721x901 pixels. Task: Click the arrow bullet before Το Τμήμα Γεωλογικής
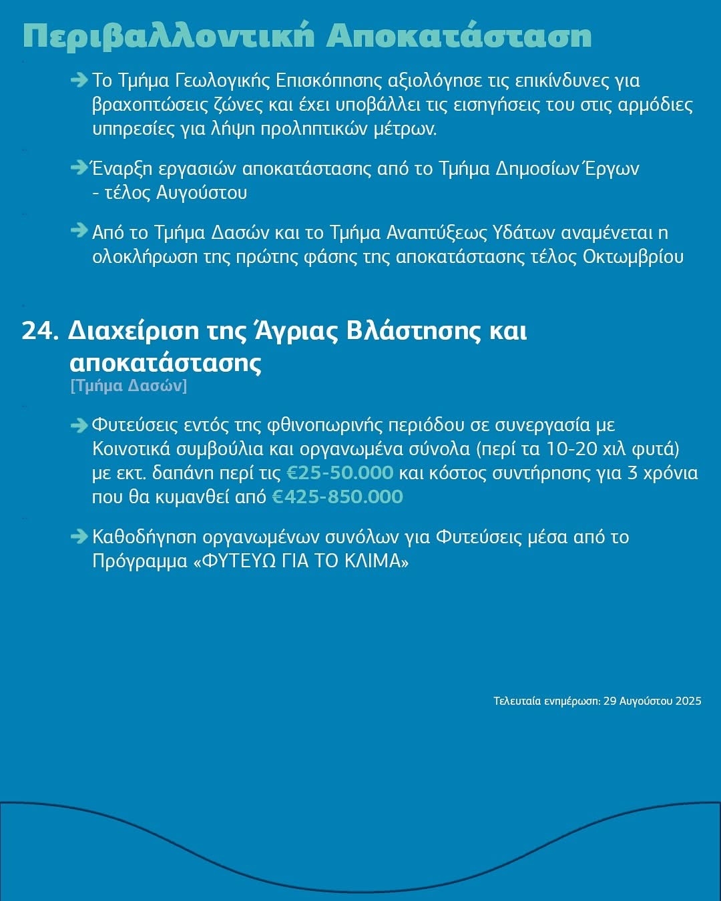click(x=79, y=81)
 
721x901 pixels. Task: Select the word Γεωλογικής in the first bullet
click(x=222, y=81)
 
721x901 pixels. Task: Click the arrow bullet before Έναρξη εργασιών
click(x=79, y=168)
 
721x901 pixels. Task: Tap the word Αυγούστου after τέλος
click(x=201, y=193)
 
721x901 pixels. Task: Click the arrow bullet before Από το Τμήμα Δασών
click(x=79, y=232)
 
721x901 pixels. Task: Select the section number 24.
click(x=40, y=331)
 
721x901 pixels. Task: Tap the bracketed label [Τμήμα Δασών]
click(x=128, y=386)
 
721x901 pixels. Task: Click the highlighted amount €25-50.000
click(x=340, y=473)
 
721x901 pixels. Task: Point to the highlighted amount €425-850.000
click(x=338, y=497)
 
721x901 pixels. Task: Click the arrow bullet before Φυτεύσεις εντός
click(x=79, y=425)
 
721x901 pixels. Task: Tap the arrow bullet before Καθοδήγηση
click(x=79, y=537)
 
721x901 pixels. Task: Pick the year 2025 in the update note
click(x=688, y=701)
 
